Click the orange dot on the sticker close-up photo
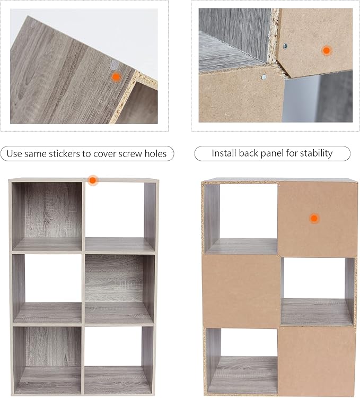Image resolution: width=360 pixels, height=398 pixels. click(116, 77)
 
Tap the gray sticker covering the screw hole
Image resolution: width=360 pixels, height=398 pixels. click(115, 65)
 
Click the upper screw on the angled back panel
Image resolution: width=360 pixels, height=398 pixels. click(285, 46)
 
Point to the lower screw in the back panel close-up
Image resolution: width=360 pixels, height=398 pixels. click(264, 76)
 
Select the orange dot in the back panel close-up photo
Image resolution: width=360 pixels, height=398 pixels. click(326, 50)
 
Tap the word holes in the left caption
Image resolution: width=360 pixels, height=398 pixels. click(155, 153)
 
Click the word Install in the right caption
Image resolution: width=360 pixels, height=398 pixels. click(224, 153)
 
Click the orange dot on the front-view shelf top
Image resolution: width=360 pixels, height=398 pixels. click(93, 180)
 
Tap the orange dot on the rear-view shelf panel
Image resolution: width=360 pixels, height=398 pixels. click(314, 218)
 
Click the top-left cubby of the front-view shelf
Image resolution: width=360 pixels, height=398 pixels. click(47, 217)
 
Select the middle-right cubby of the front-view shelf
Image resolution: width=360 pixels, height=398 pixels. click(119, 289)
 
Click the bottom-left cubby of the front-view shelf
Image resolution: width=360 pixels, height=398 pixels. click(47, 360)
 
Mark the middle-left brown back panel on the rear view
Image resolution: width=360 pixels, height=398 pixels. click(242, 291)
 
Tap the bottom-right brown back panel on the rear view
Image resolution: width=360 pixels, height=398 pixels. click(317, 361)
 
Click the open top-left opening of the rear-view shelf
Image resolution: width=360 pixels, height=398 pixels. click(241, 219)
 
